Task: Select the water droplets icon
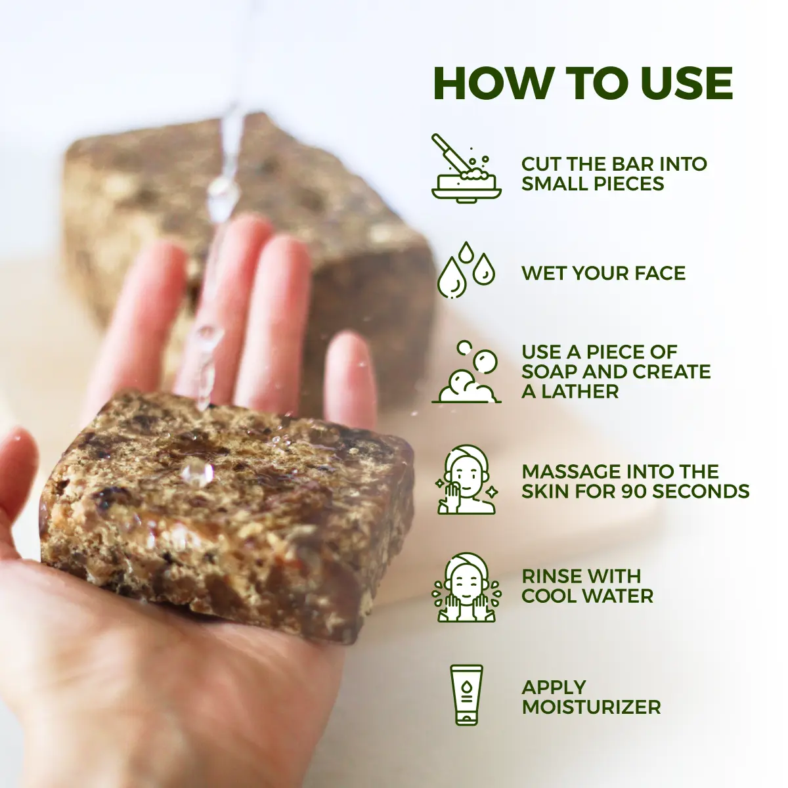click(466, 270)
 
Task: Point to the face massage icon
click(467, 480)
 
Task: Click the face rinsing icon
click(467, 587)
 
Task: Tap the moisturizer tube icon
click(466, 695)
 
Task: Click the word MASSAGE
click(570, 471)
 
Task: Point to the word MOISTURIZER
click(591, 707)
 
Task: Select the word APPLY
click(554, 688)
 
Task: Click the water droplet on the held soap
click(196, 471)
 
